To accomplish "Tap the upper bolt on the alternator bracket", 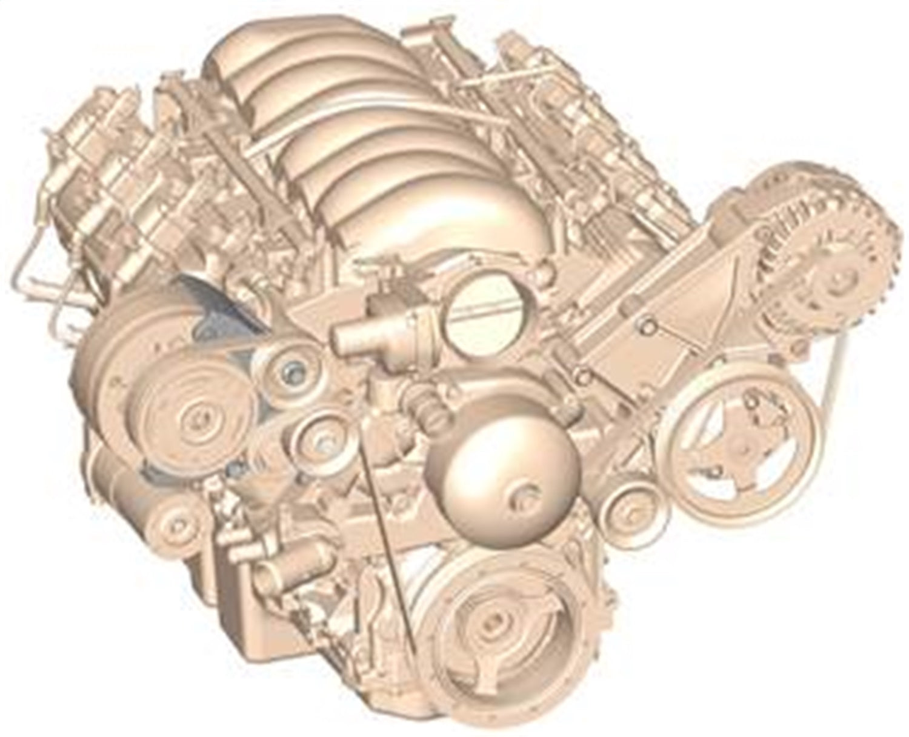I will pyautogui.click(x=647, y=327).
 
